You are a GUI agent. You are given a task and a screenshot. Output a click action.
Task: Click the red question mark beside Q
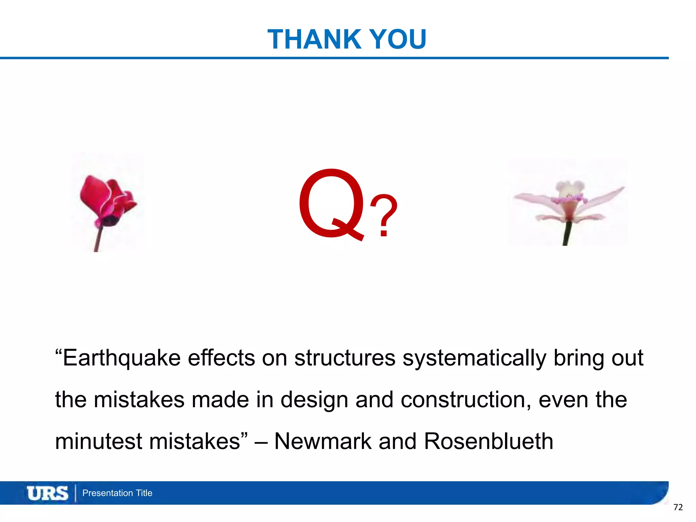click(x=384, y=216)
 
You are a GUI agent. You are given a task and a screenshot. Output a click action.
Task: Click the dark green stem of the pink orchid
click(x=566, y=234)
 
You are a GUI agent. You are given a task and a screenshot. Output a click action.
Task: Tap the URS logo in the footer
click(x=48, y=493)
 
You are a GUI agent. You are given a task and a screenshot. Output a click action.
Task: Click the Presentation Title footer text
click(x=117, y=493)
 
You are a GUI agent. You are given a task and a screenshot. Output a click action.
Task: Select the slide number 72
click(x=678, y=507)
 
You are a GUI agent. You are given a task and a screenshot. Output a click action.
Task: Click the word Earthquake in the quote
click(x=122, y=358)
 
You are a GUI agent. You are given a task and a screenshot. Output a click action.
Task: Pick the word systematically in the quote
click(x=474, y=358)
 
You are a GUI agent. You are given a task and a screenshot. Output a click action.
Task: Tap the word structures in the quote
click(x=345, y=358)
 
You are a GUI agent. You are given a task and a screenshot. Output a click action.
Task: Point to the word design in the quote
click(x=314, y=400)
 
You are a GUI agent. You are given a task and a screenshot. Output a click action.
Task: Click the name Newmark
click(x=323, y=441)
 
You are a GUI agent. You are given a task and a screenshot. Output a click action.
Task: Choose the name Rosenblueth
click(x=488, y=441)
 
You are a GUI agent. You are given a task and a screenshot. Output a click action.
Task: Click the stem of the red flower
click(x=99, y=240)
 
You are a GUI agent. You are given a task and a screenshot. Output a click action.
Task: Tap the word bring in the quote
click(x=579, y=359)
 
